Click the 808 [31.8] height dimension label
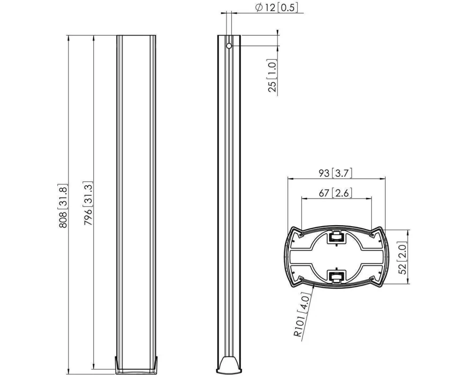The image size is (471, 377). [63, 205]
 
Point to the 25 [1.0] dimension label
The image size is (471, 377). [272, 75]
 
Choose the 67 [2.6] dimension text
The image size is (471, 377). [336, 193]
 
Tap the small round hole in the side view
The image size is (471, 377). [229, 46]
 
